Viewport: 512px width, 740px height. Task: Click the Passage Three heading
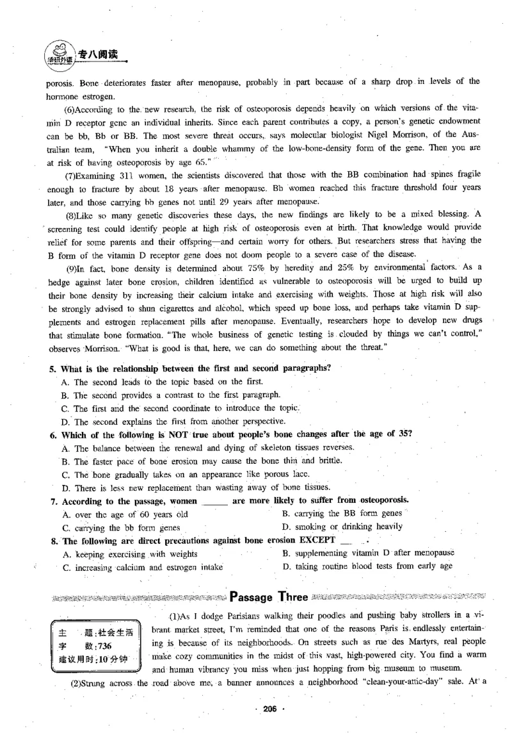click(x=269, y=598)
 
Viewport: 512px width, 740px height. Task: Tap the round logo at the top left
click(x=59, y=53)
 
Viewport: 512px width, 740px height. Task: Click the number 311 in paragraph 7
click(x=128, y=175)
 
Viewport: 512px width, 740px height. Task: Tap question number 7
click(x=54, y=500)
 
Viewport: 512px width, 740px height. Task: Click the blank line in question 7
click(x=214, y=501)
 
